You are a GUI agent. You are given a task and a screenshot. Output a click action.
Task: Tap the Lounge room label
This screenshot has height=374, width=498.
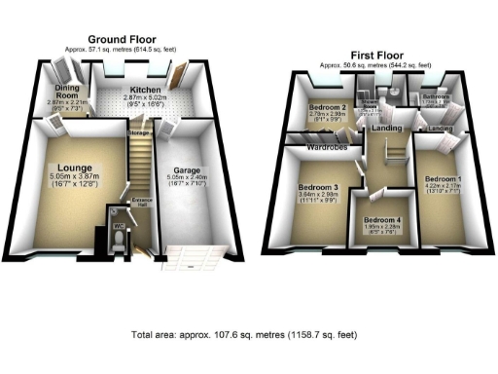point(74,167)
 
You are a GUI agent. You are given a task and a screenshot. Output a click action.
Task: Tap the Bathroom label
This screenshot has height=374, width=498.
point(436,96)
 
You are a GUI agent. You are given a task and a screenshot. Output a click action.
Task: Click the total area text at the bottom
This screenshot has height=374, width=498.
point(249,334)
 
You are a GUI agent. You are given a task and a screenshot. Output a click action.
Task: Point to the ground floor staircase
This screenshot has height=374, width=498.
point(141,166)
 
